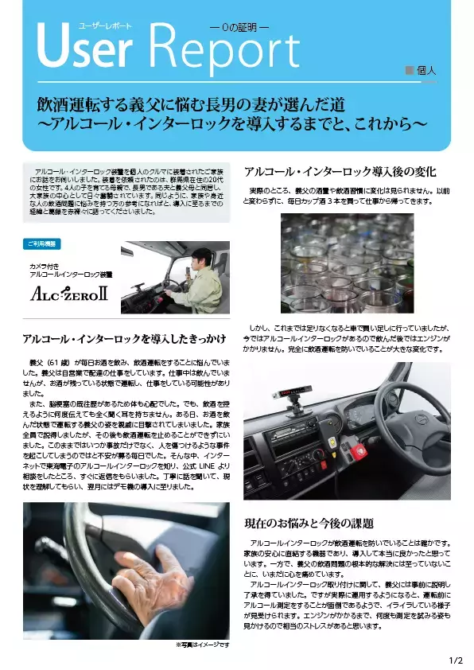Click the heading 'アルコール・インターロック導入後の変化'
[x=340, y=171]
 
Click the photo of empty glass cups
[x=347, y=263]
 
